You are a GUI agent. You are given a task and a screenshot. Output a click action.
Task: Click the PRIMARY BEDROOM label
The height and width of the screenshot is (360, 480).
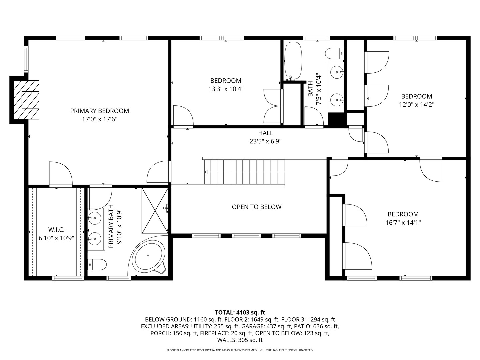click(99, 111)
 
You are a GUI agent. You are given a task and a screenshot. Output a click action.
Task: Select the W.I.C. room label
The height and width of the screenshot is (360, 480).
click(56, 230)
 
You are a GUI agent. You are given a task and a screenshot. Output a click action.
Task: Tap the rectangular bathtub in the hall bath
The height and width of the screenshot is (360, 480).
click(293, 60)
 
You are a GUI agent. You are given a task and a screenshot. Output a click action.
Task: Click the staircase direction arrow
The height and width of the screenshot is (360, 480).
click(206, 172)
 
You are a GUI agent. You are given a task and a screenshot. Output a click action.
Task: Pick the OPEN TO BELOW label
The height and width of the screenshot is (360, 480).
click(257, 207)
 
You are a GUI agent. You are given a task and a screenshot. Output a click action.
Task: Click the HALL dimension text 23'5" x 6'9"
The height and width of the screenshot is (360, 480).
click(265, 141)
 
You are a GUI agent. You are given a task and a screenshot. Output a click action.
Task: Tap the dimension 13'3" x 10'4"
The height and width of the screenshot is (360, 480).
click(226, 89)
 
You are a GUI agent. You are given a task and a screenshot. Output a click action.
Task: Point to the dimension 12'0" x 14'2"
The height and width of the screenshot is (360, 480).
click(416, 104)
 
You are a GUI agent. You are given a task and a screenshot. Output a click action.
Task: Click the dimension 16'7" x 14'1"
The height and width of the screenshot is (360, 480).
click(403, 222)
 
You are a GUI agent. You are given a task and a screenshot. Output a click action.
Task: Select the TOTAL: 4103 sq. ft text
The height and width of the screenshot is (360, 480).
click(240, 312)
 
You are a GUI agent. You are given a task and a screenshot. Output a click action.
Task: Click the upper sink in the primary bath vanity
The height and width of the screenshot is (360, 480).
click(95, 219)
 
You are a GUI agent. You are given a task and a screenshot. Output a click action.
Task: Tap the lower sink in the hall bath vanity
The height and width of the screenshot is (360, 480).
click(337, 99)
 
